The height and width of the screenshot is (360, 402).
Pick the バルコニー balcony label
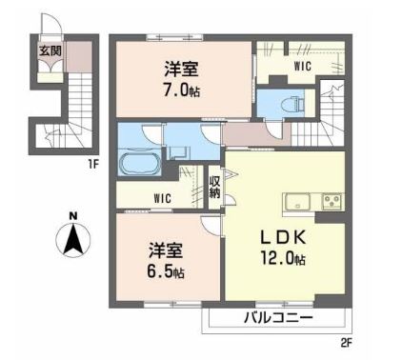pos(277,318)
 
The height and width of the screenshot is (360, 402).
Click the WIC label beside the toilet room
pos(302,66)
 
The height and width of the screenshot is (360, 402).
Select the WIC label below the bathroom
pos(149,199)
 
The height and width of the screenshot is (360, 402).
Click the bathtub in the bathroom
pos(140,163)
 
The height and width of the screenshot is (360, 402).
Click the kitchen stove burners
pos(332,201)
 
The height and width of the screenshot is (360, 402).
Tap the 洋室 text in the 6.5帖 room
pos(164,251)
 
